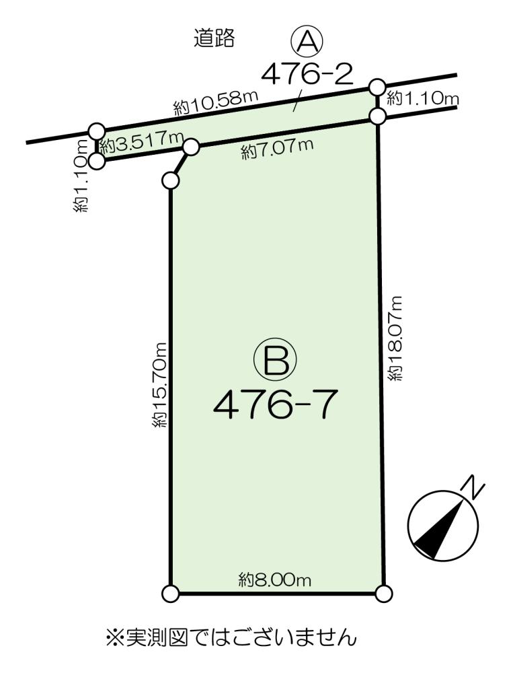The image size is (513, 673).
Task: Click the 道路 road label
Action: point(214,38)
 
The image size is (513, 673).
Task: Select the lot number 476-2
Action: point(307,73)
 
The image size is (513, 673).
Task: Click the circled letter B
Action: point(276,361)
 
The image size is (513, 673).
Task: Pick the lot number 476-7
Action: point(274,405)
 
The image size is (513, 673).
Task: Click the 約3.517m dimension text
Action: point(141,144)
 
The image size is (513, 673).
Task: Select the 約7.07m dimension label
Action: point(277,149)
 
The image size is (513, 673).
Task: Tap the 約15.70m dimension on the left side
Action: point(158,384)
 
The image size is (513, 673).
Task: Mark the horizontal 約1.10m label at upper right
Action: point(422,99)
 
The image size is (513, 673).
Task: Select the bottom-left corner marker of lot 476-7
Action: point(171,594)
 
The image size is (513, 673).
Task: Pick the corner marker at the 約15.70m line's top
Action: point(170,180)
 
